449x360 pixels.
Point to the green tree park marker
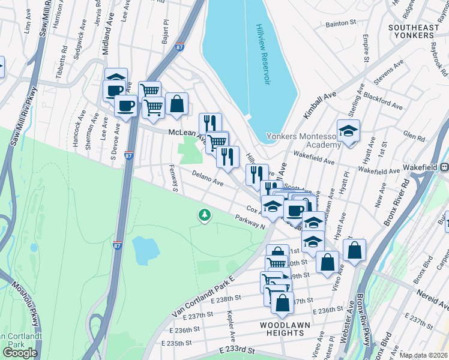[205, 214]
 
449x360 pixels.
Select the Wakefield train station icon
[445, 167]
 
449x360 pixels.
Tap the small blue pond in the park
[144, 250]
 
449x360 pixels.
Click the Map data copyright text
[423, 355]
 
